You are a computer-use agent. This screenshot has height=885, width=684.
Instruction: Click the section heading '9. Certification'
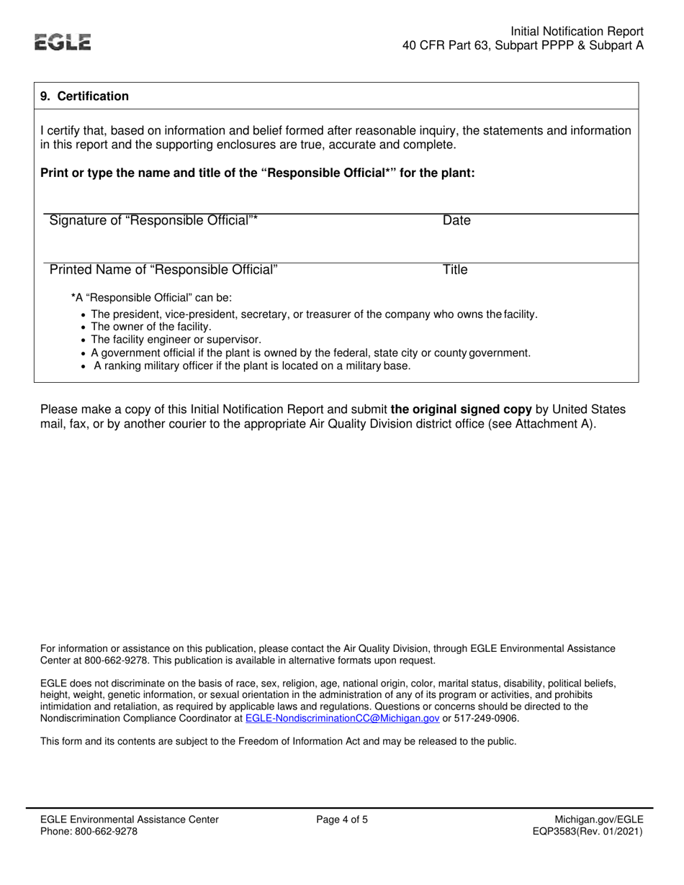click(84, 96)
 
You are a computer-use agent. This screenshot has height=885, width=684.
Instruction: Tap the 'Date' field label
click(456, 221)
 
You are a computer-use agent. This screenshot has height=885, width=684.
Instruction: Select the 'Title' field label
click(455, 270)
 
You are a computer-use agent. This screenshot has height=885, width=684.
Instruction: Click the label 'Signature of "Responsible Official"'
click(153, 221)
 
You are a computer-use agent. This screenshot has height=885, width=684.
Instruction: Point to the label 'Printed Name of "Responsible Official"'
click(163, 270)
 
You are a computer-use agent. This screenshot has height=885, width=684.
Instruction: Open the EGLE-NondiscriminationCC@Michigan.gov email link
click(342, 718)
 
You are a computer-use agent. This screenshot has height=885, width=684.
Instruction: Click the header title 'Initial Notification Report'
click(577, 32)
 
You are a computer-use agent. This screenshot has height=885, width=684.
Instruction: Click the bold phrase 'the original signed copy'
click(461, 409)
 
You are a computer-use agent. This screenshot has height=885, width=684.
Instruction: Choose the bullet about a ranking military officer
click(252, 366)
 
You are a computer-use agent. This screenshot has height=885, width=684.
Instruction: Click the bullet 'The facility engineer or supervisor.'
click(176, 340)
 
